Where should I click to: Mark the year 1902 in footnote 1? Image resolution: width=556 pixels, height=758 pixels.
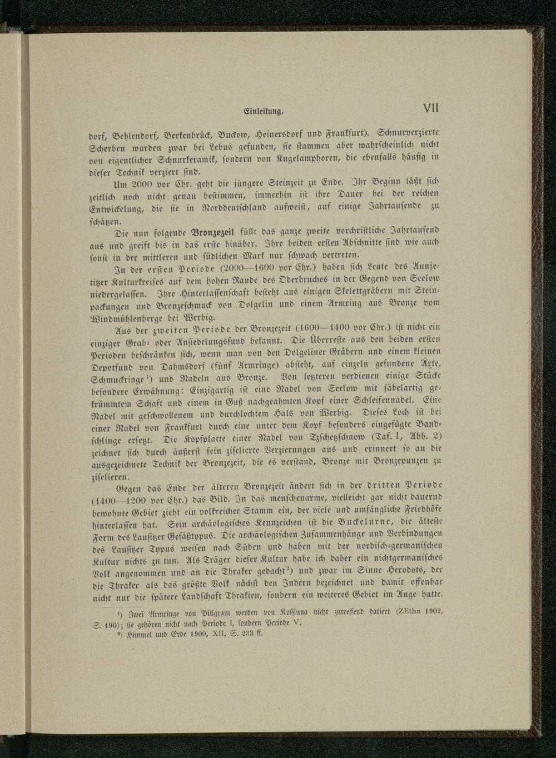pos(433,612)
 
